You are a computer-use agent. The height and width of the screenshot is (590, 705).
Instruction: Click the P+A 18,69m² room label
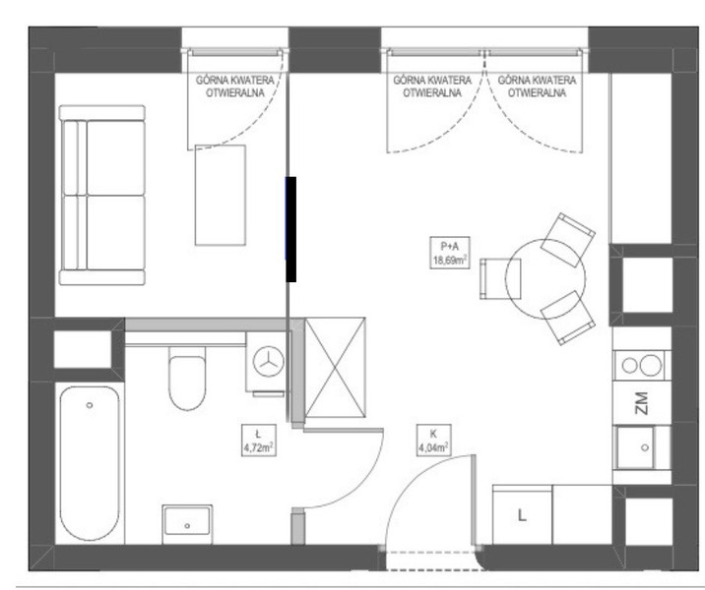point(450,253)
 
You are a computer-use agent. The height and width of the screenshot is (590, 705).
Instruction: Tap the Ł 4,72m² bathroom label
point(259,441)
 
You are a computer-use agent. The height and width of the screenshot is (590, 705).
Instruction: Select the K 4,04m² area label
point(433,440)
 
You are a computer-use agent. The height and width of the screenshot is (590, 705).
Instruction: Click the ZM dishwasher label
point(641,403)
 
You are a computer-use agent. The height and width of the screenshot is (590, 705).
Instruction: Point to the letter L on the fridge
point(522,515)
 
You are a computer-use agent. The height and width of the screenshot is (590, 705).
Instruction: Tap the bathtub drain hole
point(90,405)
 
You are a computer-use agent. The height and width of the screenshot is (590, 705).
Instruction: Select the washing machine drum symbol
point(269,362)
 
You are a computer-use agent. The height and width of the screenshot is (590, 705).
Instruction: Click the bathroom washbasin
point(187,521)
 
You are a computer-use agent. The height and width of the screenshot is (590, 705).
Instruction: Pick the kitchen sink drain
point(645,447)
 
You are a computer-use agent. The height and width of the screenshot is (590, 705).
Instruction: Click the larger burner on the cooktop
point(650,365)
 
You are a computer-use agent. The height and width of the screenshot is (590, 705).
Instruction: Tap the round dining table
point(545,279)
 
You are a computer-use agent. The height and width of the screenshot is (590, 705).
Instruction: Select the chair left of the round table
point(500,279)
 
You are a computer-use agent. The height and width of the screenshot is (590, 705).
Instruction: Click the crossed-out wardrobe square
point(335,368)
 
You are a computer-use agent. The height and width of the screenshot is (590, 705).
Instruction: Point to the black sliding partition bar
point(291,229)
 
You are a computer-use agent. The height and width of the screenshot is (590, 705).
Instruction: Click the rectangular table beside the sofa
point(221,196)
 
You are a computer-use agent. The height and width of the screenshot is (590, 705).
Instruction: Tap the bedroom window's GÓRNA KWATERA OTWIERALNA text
point(234,87)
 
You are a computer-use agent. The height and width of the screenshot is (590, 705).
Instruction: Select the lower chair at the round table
point(568,318)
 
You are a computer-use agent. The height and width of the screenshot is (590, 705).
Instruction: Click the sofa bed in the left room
point(102,196)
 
